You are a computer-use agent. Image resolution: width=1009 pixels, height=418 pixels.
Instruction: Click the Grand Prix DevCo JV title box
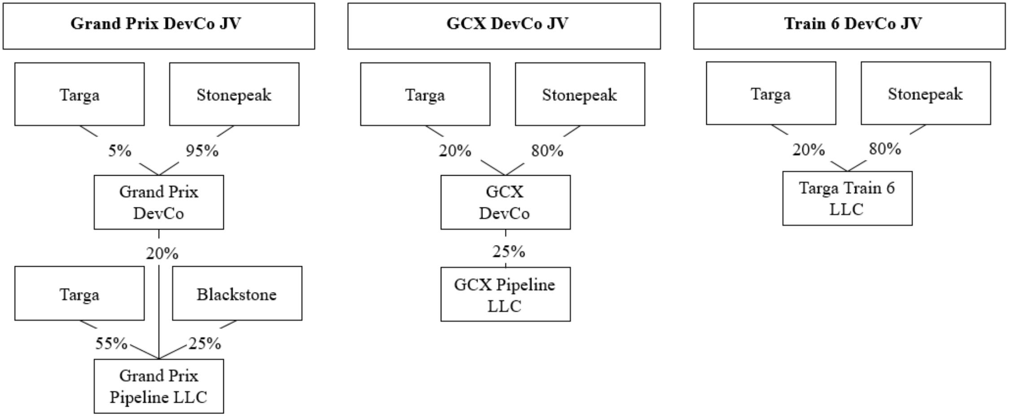(159, 26)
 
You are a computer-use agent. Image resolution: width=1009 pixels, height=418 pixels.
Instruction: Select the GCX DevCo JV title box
(504, 26)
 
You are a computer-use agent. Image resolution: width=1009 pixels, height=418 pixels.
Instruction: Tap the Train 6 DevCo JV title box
(849, 26)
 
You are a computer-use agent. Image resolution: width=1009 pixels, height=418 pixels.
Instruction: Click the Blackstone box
(237, 293)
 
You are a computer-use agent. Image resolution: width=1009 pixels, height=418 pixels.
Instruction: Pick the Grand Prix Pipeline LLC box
(159, 386)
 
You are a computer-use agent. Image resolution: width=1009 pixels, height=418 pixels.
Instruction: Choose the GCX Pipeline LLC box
(505, 294)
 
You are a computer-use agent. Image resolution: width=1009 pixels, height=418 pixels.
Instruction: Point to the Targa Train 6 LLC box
(847, 198)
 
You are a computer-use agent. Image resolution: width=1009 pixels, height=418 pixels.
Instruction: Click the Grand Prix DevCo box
(159, 202)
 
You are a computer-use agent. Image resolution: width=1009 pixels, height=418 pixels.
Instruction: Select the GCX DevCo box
(505, 202)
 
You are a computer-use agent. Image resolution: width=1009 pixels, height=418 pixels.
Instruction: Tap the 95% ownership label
(202, 151)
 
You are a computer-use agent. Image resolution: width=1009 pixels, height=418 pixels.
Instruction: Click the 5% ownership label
(120, 151)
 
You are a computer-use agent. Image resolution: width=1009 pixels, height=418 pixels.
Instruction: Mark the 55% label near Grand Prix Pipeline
(111, 344)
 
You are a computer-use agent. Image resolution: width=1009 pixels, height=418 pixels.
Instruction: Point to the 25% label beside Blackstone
(205, 344)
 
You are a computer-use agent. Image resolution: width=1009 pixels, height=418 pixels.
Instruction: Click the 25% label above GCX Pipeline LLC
(509, 252)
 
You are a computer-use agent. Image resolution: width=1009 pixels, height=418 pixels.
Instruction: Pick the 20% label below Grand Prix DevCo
(162, 254)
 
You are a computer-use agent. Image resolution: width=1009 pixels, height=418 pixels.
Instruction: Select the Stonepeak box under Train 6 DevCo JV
(926, 93)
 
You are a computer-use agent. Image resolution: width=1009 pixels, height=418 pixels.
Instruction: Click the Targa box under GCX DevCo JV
(425, 94)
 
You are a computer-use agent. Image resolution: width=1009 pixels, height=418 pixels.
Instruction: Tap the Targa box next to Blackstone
(79, 293)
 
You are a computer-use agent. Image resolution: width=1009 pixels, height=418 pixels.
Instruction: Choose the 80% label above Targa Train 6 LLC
(885, 149)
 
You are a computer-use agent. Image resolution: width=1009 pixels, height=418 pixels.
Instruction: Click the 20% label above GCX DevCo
(455, 151)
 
